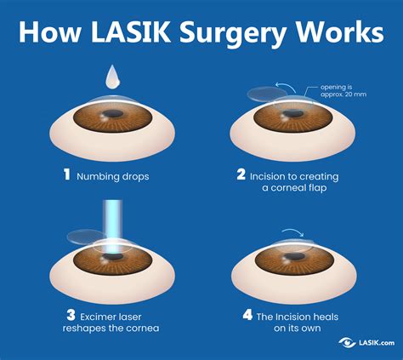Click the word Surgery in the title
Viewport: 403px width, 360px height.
coord(250,33)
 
